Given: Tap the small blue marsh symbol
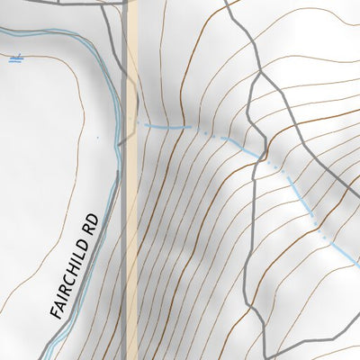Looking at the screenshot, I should pos(13,60).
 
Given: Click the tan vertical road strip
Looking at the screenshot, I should pos(131,225).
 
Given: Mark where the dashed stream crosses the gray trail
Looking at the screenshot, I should pos(264,156).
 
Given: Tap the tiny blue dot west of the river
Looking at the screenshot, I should pos(96,137).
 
